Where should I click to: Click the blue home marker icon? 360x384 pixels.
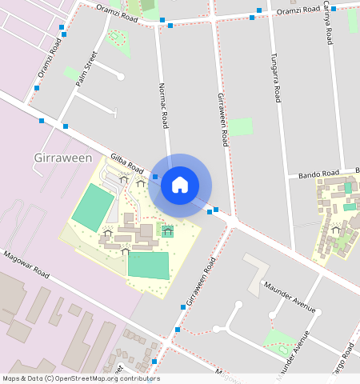180,186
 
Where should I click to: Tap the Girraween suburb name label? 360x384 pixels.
63,158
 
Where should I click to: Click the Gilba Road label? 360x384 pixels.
127,165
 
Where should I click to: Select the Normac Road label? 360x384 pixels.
164,106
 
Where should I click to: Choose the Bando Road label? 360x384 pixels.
319,174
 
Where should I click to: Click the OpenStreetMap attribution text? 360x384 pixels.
81,378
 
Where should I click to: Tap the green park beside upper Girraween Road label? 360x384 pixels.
240,126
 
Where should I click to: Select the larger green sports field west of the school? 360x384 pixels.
93,206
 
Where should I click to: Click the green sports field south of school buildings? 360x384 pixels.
149,265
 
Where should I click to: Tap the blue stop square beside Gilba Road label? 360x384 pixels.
155,175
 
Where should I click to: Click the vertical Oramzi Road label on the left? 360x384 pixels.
49,60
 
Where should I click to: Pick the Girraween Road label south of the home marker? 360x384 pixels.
202,282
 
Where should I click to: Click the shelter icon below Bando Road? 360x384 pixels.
336,230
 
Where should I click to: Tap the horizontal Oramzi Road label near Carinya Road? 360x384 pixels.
299,11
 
